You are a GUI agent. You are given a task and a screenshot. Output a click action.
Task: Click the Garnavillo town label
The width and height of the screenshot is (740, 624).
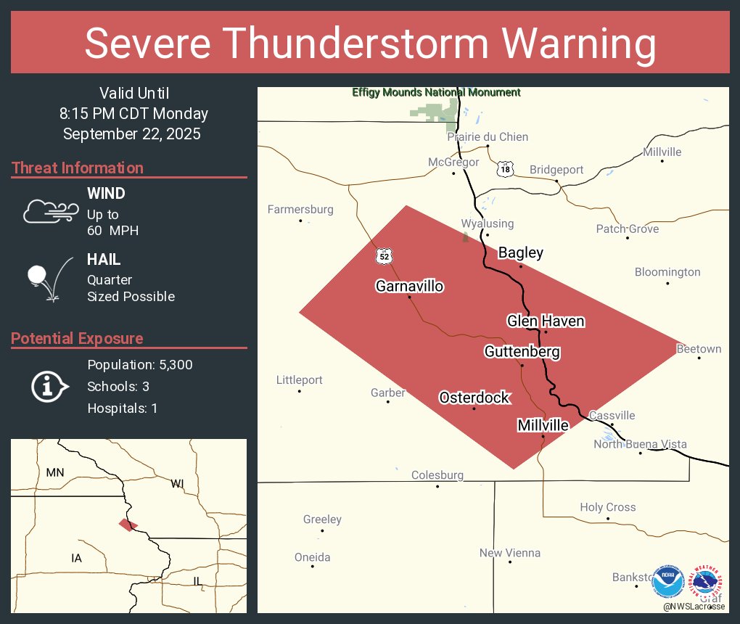pos(409,286)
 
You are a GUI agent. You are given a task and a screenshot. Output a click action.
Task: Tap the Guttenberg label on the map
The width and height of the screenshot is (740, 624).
pos(522,352)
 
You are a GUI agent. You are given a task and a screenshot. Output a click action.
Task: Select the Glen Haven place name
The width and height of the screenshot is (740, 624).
pos(546,321)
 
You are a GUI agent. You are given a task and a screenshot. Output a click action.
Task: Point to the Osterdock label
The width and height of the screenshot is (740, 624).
pos(474,398)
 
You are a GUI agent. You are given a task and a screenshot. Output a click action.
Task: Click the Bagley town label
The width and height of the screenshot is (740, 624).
pos(520,253)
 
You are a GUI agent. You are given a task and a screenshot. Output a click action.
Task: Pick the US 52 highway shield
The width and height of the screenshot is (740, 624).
pos(385,256)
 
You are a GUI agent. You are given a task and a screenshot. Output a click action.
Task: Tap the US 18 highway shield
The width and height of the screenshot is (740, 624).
pos(505,170)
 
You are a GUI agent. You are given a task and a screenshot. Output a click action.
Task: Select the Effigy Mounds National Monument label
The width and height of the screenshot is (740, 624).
pos(436,93)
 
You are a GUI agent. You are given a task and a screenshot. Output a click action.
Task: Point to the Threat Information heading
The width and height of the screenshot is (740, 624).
pos(78,168)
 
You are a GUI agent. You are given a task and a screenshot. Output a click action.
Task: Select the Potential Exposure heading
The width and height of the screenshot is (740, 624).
pos(78,338)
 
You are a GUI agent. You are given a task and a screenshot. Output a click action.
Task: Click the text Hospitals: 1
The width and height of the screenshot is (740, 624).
pos(123,408)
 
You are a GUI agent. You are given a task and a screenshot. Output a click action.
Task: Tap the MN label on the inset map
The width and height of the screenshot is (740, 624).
pos(55,472)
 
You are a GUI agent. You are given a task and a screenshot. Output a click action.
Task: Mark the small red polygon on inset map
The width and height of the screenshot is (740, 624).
pos(128,525)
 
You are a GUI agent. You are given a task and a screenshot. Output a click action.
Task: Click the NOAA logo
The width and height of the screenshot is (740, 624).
pos(667,582)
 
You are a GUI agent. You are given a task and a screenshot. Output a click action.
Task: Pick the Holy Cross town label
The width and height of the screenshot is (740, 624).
pos(607,507)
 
